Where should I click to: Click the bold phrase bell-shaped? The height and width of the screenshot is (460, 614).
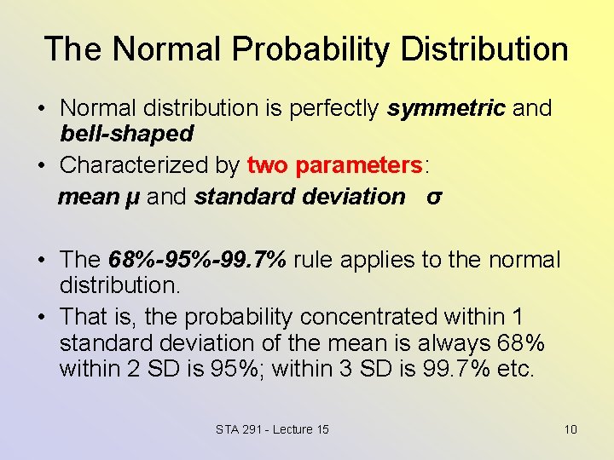(126, 134)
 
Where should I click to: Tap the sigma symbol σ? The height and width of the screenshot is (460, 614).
(434, 197)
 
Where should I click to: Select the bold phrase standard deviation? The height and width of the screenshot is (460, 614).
(299, 197)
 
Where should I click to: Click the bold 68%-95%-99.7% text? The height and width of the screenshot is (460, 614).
(198, 259)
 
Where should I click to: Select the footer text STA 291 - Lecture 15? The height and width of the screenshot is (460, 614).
(272, 429)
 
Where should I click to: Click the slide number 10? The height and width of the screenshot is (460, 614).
(571, 429)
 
